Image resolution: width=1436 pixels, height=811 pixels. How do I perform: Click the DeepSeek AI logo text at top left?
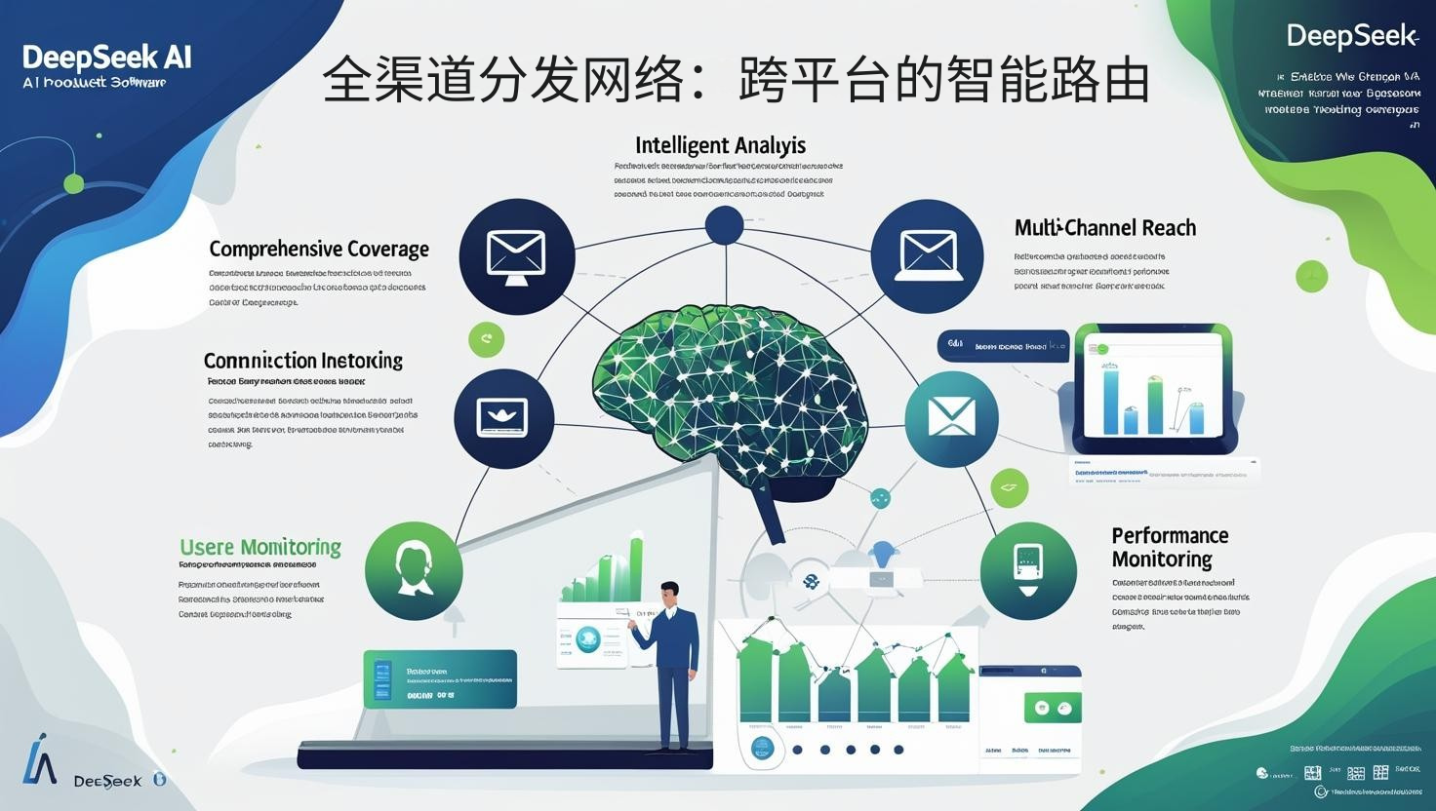coord(106,57)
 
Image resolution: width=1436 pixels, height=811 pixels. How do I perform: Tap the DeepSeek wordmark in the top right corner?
coord(1351,36)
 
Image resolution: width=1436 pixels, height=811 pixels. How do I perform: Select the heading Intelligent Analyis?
coord(720,145)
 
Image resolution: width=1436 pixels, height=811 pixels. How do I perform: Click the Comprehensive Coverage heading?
coord(319,249)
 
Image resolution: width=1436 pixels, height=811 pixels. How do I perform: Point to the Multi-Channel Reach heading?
coord(1104,228)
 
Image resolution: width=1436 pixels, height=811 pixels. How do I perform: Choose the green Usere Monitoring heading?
coord(260,547)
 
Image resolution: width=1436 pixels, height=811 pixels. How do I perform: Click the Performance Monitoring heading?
coord(1169,547)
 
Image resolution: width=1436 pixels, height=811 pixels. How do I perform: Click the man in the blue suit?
coord(673,663)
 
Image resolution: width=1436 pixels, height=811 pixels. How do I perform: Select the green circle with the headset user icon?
coord(414,571)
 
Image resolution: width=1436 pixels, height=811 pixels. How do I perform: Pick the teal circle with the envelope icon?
coord(951,418)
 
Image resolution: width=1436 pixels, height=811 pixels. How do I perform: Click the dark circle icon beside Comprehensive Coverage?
coord(516,256)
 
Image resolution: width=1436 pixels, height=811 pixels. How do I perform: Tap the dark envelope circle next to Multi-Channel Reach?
coord(927,256)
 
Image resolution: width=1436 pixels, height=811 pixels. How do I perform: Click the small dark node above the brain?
coord(724,225)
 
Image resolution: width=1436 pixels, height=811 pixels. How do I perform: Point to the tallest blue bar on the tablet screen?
coord(1111,401)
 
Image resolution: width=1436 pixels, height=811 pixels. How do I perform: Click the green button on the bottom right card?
coord(1052,708)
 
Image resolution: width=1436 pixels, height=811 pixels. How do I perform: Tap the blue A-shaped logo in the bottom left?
coord(39,758)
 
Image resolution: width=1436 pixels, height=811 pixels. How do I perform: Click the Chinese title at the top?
coord(736,80)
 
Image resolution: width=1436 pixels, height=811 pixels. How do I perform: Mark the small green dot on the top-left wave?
coord(73,183)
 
